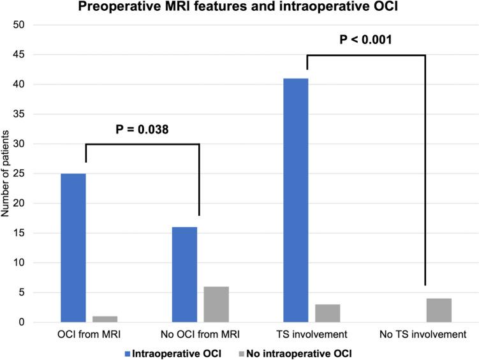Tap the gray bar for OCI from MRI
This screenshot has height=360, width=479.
pos(105,319)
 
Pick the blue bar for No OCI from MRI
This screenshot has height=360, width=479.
pos(184,274)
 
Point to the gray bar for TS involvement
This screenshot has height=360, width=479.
pos(327,313)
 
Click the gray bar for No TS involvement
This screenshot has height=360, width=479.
pos(438,310)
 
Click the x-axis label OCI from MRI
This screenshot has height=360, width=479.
pos(89,334)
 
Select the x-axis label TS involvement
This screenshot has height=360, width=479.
pos(311,334)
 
